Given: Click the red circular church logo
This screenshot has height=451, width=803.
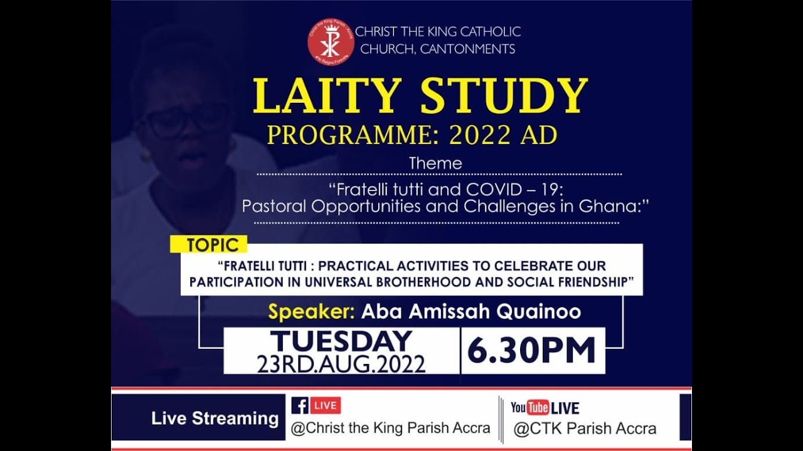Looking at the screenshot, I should pyautogui.click(x=331, y=41).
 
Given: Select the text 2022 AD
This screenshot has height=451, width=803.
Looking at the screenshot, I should pyautogui.click(x=506, y=135).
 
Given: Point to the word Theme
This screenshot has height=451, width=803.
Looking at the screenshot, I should pyautogui.click(x=435, y=163).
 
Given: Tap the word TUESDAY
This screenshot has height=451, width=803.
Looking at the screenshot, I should pyautogui.click(x=341, y=341).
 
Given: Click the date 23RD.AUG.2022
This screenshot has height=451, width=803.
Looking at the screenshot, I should pyautogui.click(x=341, y=364).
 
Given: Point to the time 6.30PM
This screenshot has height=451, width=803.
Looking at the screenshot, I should pyautogui.click(x=531, y=351).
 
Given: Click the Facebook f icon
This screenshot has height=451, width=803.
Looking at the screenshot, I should pyautogui.click(x=300, y=406).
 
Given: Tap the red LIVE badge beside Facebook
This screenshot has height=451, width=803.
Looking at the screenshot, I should pyautogui.click(x=326, y=405).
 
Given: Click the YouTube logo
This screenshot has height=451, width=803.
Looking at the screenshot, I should pyautogui.click(x=529, y=408).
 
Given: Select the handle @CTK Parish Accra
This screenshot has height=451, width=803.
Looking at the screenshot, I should pyautogui.click(x=585, y=429).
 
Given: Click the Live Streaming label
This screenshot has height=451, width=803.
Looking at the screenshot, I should pyautogui.click(x=215, y=418).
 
